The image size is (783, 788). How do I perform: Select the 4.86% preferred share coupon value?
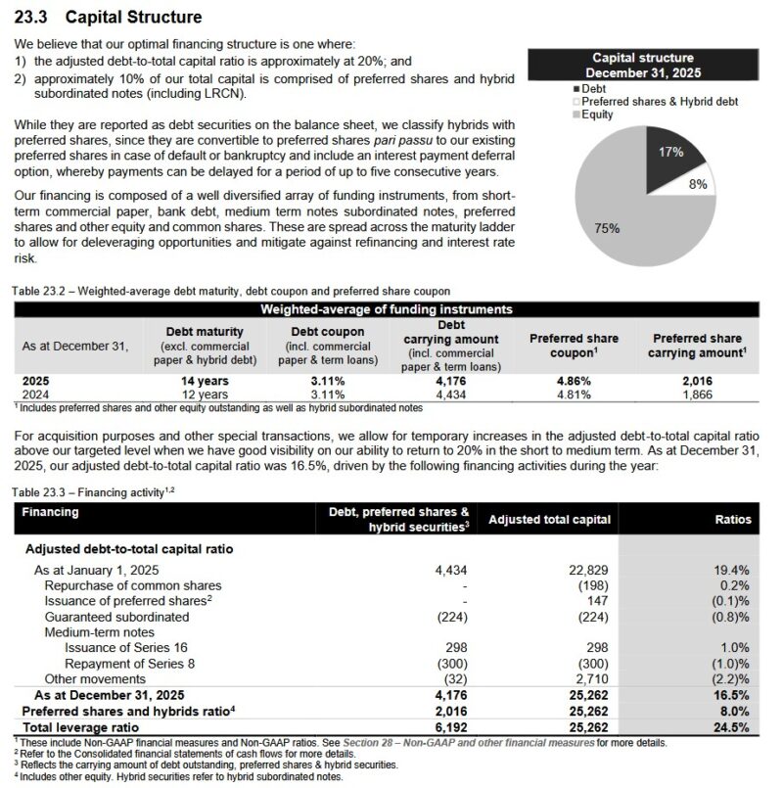coord(560,381)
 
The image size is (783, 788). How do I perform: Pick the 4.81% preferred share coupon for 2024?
coord(560,394)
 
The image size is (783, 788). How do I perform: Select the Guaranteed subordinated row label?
coord(116,617)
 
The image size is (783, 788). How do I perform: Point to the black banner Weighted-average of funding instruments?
coord(385,309)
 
